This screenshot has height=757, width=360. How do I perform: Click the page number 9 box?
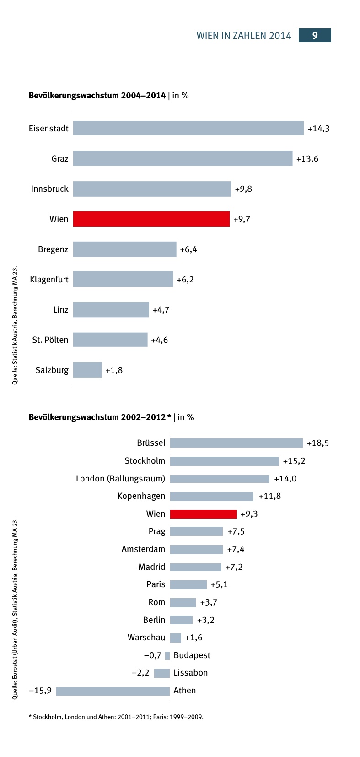pos(315,35)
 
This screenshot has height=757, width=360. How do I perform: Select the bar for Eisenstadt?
pos(188,128)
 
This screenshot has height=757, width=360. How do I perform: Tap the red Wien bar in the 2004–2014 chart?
pos(151,219)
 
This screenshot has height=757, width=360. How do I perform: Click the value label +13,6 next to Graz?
pos(307,159)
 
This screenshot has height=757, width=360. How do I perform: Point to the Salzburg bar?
pos(87,370)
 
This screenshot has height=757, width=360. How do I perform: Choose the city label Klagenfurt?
pos(49,279)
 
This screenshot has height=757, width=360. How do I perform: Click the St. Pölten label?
pos(50,340)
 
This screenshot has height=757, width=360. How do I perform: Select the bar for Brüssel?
pos(236,443)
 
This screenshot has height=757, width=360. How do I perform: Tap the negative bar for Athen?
pos(113,691)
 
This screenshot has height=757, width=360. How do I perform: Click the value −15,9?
pos(40,690)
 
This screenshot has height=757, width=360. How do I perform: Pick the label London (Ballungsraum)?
pos(120,478)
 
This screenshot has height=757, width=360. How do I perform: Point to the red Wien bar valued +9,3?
pos(203,514)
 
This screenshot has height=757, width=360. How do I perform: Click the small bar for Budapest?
pos(167,655)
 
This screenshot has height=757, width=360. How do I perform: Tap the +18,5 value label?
pos(317,443)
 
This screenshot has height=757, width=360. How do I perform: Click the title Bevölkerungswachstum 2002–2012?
pos(100,417)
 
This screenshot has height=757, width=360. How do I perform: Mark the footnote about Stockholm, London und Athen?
pos(116,717)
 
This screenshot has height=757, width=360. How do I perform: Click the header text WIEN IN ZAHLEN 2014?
pos(244,36)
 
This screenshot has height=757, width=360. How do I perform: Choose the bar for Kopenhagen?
pos(211,496)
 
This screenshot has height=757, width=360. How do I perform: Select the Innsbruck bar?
pos(152,189)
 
